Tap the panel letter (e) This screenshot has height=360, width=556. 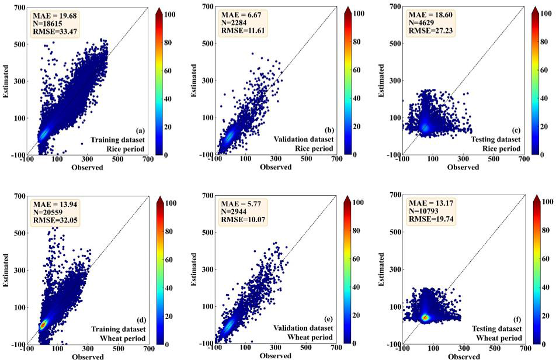(x=324, y=318)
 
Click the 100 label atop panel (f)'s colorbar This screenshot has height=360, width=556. (x=547, y=201)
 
